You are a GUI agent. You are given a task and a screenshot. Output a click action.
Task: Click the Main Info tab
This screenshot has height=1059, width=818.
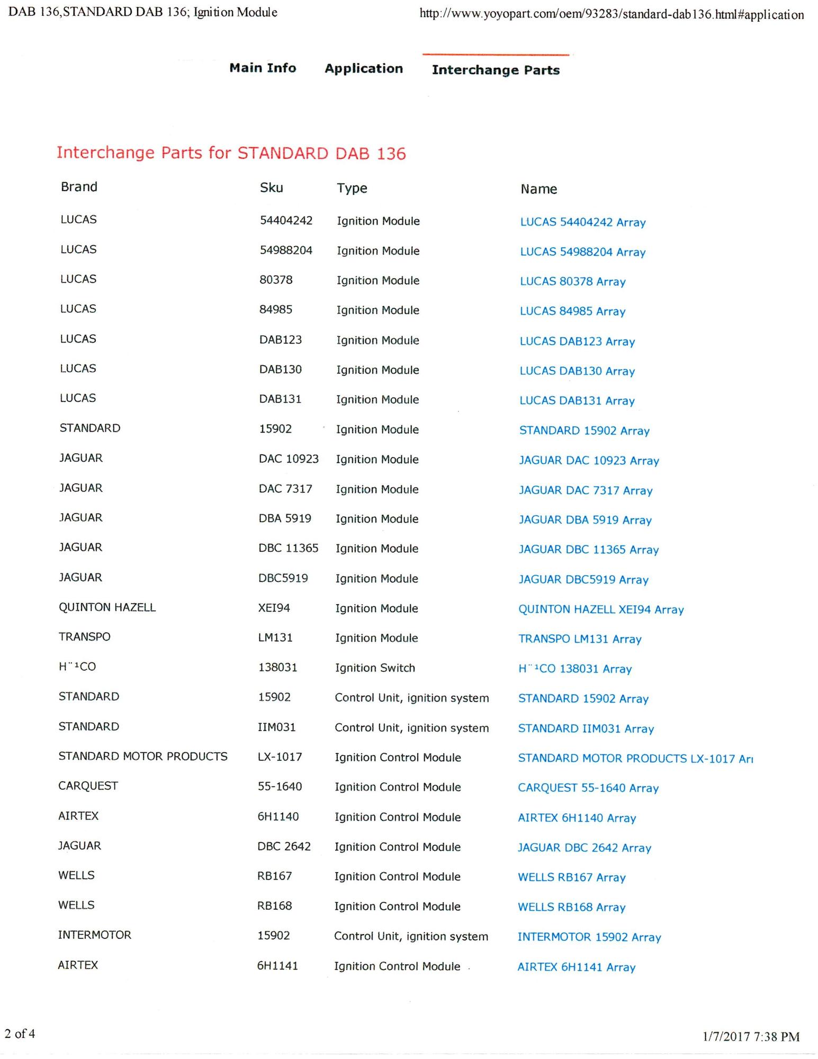(x=263, y=68)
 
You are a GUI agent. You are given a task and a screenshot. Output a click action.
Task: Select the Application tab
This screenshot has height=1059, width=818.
(x=364, y=68)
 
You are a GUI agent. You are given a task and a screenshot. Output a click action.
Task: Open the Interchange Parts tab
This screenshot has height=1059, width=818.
(x=496, y=70)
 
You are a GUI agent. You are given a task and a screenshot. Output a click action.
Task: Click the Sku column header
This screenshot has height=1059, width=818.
(x=271, y=187)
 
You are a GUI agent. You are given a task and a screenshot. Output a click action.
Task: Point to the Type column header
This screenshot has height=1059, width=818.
(x=352, y=188)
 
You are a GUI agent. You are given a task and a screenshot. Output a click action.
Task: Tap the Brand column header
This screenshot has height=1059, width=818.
(x=79, y=187)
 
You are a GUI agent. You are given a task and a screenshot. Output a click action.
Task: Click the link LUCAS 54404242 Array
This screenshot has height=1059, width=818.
(x=582, y=222)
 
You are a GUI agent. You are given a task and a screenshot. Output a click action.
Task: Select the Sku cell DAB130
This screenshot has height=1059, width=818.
(x=280, y=370)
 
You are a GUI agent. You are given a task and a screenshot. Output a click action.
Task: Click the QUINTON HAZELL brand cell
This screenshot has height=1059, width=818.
(x=107, y=607)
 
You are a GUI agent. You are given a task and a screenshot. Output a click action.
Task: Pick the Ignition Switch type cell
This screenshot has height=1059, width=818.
(x=375, y=668)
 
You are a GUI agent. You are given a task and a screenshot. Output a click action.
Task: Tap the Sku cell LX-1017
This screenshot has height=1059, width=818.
(x=280, y=757)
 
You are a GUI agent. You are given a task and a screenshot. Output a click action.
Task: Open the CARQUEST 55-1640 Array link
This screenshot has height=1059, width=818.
(x=588, y=788)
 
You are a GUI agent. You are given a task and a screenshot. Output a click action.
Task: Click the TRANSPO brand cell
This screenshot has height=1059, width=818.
(x=84, y=636)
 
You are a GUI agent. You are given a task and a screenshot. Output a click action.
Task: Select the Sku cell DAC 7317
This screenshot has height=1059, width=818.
(x=285, y=489)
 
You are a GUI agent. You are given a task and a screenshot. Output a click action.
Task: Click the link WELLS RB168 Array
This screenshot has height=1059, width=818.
(x=571, y=907)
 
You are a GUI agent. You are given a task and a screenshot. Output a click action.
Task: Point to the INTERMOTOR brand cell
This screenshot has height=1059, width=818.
(x=94, y=935)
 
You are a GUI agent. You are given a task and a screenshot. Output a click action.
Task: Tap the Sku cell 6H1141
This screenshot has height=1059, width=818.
(x=277, y=966)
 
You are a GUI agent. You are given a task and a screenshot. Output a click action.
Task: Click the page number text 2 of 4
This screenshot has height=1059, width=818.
(x=20, y=1034)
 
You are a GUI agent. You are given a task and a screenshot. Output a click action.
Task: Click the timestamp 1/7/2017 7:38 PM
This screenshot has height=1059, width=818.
(x=751, y=1036)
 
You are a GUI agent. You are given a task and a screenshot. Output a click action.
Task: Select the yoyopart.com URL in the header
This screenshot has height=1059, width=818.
(x=611, y=14)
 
